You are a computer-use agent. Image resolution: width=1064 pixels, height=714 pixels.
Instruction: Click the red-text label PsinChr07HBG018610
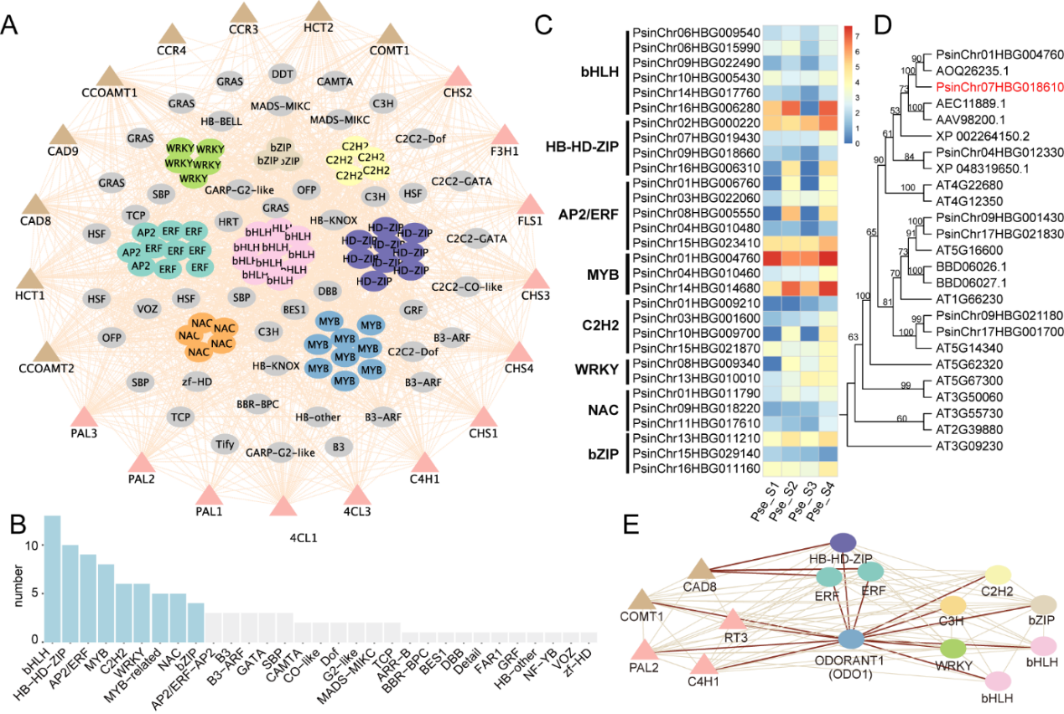pyautogui.click(x=990, y=86)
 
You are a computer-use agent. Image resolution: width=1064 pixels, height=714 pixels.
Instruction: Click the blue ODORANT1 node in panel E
pyautogui.click(x=852, y=639)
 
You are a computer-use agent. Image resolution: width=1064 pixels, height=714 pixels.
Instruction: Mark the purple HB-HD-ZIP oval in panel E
pyautogui.click(x=843, y=542)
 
